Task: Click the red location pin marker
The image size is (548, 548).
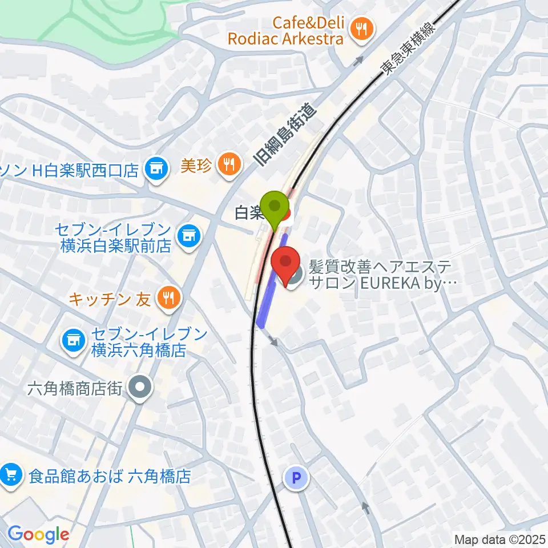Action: pyautogui.click(x=285, y=264)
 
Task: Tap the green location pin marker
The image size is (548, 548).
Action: pyautogui.click(x=275, y=208)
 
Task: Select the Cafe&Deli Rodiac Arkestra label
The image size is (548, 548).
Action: pyautogui.click(x=285, y=31)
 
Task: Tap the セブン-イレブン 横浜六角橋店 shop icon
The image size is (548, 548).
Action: pyautogui.click(x=74, y=341)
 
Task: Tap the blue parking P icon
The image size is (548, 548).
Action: pyautogui.click(x=296, y=478)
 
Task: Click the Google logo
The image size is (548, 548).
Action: pyautogui.click(x=38, y=535)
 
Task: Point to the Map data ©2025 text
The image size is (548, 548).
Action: pyautogui.click(x=499, y=539)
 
